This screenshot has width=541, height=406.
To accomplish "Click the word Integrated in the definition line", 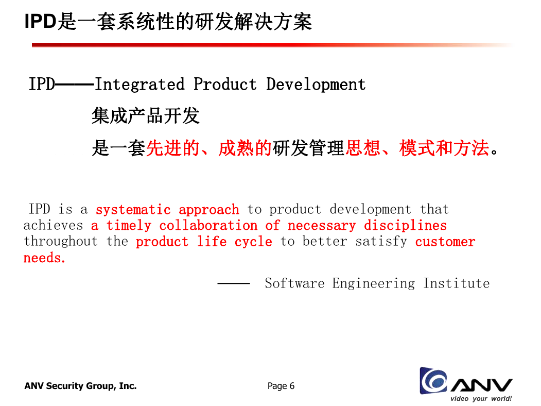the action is tap(139, 84).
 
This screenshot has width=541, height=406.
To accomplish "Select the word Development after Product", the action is tap(316, 84).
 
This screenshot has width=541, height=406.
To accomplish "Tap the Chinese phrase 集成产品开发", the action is tap(146, 115).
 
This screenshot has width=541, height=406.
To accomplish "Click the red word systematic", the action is tap(133, 210).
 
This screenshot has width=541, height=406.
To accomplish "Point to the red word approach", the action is tap(209, 210).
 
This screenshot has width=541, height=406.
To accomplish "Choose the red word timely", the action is tap(129, 226).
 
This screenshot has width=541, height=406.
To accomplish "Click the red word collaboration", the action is tap(208, 226).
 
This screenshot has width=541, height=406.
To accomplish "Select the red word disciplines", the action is tap(406, 226).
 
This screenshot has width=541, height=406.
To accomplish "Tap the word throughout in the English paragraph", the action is tap(61, 241).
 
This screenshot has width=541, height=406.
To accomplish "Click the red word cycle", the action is tap(253, 242).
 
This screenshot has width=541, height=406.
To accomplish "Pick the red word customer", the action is tap(445, 242).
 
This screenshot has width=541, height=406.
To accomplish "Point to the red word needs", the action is tap(44, 258).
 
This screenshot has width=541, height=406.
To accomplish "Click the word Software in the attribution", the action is tap(294, 283).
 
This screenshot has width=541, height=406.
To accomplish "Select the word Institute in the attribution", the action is tap(457, 283).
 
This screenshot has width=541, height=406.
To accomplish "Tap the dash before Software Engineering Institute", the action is tap(234, 283).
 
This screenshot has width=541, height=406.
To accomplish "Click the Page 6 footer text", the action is tap(281, 386).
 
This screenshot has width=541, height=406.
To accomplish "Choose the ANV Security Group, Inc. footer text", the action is tap(80, 386).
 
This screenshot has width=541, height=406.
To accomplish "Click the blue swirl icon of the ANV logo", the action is tap(433, 381).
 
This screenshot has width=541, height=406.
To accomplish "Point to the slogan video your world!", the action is tap(481, 398).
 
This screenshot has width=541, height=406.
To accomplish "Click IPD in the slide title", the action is tap(40, 22).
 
